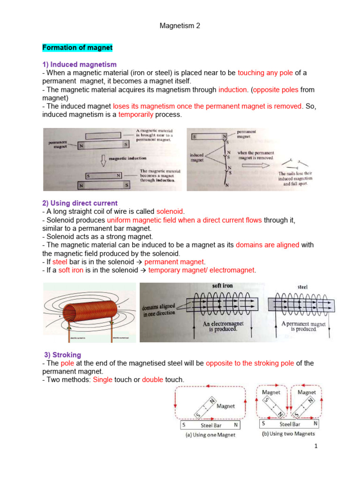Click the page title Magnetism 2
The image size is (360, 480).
pyautogui.click(x=180, y=26)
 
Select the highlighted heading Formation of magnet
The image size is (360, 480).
pyautogui.click(x=77, y=48)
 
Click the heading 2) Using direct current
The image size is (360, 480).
pyautogui.click(x=80, y=203)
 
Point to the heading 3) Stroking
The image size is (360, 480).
pyautogui.click(x=63, y=355)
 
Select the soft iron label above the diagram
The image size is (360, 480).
pyautogui.click(x=222, y=285)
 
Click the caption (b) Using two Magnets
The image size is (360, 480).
pyautogui.click(x=288, y=434)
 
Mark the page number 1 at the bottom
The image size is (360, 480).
pyautogui.click(x=317, y=459)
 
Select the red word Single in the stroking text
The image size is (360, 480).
pyautogui.click(x=103, y=379)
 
